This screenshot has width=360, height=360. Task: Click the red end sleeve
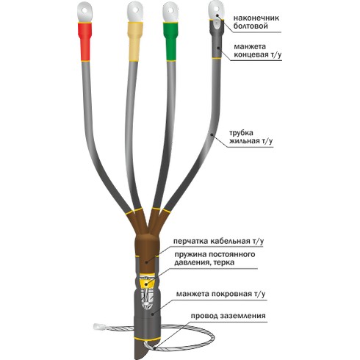coord(84,41)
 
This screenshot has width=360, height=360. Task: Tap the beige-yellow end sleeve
coord(134,41)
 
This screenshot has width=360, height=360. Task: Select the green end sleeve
coord(170,41)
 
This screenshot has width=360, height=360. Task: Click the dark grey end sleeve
coord(217,39)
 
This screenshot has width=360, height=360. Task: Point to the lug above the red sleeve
coord(84,13)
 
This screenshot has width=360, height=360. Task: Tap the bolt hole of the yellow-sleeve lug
coord(135,10)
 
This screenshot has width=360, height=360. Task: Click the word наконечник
coord(256,18)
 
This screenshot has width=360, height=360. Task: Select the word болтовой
coord(251,26)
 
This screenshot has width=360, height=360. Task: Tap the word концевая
coord(251,54)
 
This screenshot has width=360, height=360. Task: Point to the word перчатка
coord(191,241)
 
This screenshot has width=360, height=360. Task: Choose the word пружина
coord(190,254)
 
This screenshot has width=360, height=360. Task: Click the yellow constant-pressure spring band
coord(147,284)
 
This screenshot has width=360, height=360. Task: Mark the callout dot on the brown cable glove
coord(146,262)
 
